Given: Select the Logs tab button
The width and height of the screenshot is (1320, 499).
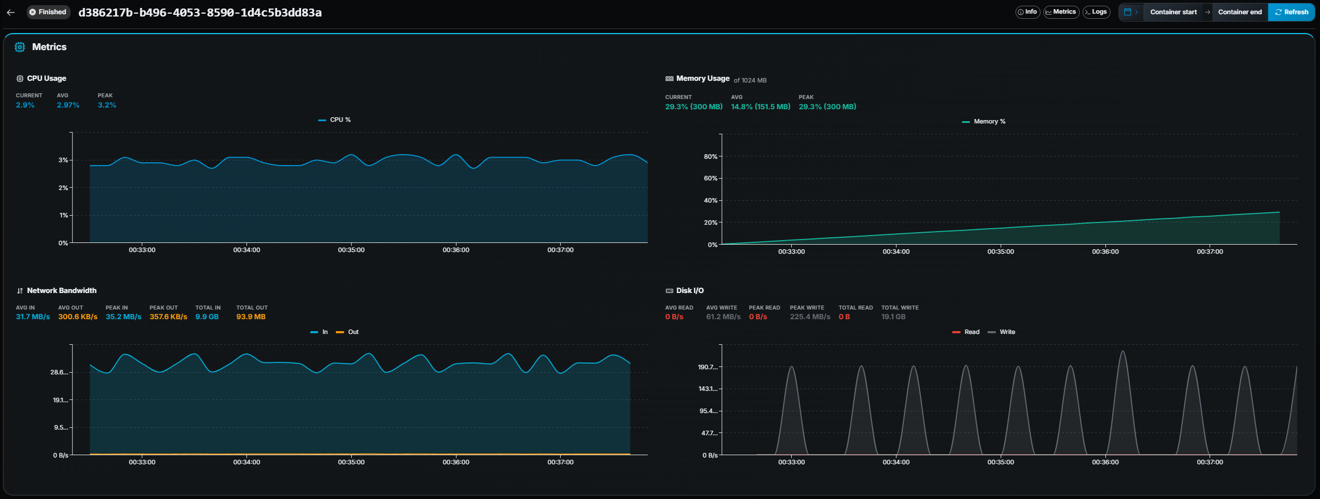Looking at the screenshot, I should pyautogui.click(x=1096, y=12).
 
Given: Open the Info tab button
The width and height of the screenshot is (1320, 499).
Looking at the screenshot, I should pyautogui.click(x=1027, y=12).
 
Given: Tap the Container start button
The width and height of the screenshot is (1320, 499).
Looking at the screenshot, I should pyautogui.click(x=1173, y=12).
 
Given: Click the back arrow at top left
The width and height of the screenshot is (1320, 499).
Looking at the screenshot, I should pyautogui.click(x=11, y=12).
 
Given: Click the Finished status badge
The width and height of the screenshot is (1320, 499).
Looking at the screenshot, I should pyautogui.click(x=48, y=12).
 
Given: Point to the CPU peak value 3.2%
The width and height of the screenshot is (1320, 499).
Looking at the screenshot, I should pyautogui.click(x=107, y=105).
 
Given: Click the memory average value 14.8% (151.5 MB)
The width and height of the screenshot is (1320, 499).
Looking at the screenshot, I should pyautogui.click(x=760, y=107).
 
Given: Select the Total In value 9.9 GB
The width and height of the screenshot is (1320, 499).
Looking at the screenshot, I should pyautogui.click(x=207, y=317).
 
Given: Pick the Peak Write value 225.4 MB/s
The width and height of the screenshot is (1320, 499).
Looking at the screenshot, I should pyautogui.click(x=809, y=317).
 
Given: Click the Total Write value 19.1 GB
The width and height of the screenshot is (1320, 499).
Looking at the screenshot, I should pyautogui.click(x=893, y=317).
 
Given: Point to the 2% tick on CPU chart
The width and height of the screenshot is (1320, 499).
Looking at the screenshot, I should pyautogui.click(x=63, y=188).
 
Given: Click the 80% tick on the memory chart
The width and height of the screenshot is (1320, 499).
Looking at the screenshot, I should pyautogui.click(x=710, y=156).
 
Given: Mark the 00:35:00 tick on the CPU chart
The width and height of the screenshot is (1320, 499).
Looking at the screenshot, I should pyautogui.click(x=351, y=250).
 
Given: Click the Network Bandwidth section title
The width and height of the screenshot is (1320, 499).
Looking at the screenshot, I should pyautogui.click(x=61, y=291).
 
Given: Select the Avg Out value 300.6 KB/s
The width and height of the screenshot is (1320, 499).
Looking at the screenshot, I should pyautogui.click(x=77, y=317).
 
